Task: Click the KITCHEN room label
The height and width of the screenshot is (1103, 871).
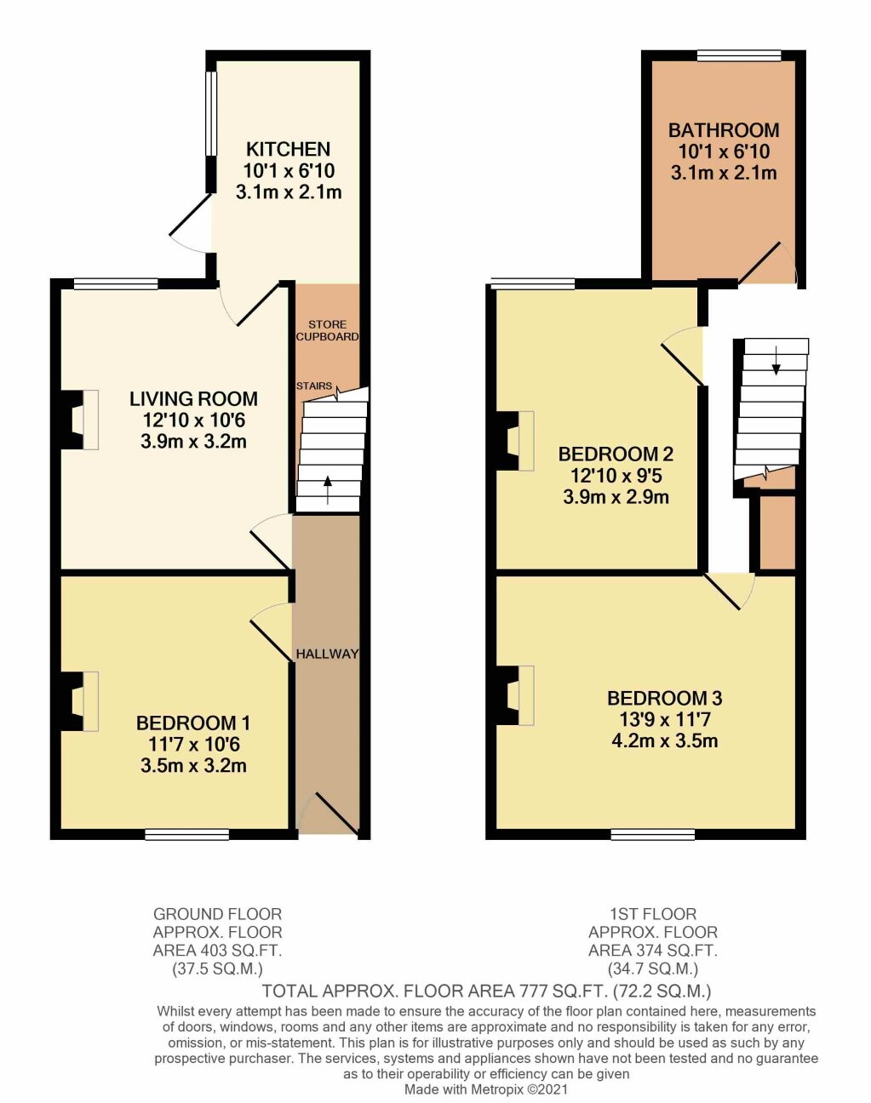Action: (289, 150)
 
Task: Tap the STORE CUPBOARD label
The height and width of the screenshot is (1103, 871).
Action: (328, 330)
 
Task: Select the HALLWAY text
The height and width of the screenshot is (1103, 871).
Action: (327, 654)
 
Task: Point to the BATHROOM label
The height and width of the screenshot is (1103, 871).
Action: (724, 130)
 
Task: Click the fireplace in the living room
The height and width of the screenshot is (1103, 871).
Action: (78, 420)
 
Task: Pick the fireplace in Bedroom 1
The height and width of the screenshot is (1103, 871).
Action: (78, 701)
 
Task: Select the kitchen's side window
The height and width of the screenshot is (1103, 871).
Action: (211, 113)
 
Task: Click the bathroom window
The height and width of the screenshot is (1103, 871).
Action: (739, 56)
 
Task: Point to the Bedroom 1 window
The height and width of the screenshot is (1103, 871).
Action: (186, 835)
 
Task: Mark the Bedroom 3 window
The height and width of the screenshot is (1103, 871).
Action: (653, 835)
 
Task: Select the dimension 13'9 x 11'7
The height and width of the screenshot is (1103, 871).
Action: (665, 719)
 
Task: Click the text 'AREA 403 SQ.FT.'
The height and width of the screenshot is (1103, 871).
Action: (217, 951)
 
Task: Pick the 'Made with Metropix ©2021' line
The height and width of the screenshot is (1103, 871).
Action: (486, 1089)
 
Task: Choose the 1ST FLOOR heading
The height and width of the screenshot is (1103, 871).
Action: (653, 914)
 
